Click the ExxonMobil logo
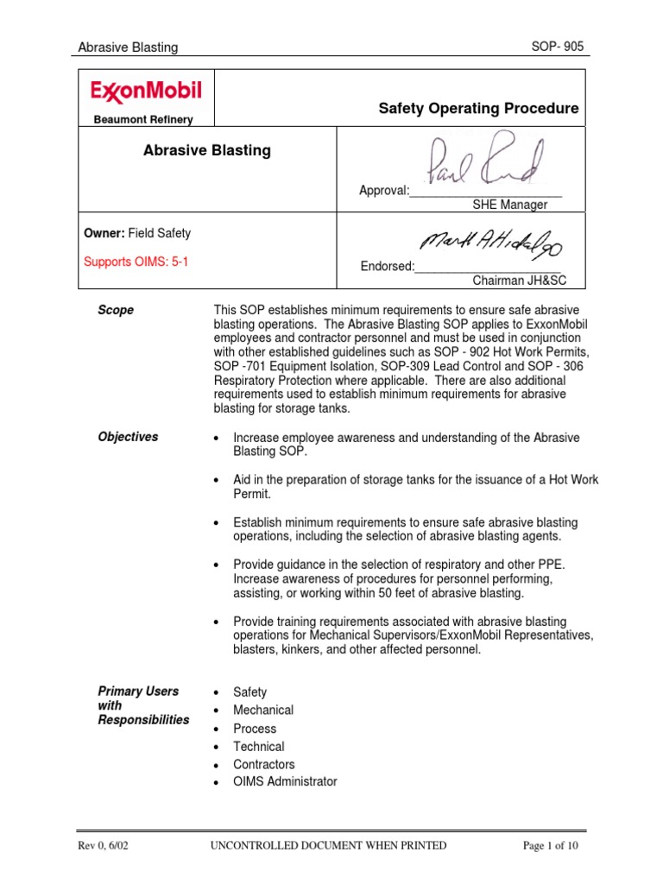click(145, 92)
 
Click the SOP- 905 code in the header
click(558, 47)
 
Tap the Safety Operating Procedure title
click(478, 109)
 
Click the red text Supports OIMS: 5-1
click(136, 262)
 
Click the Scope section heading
click(116, 310)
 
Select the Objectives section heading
click(128, 437)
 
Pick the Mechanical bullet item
click(262, 710)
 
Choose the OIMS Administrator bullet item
click(285, 782)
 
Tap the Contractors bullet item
click(263, 764)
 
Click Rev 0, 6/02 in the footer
click(105, 846)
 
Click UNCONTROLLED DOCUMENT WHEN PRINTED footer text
click(328, 846)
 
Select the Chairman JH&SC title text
click(516, 281)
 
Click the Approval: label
click(384, 191)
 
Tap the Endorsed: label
click(387, 267)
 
